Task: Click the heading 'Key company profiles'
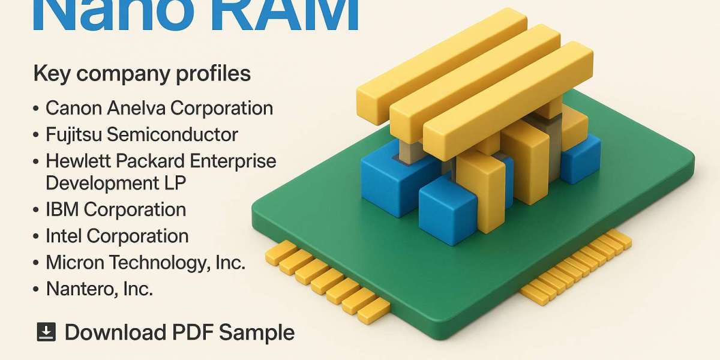[142, 74]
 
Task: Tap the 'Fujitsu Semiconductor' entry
[142, 134]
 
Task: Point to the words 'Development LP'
[116, 182]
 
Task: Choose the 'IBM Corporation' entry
[116, 209]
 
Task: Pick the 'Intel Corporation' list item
[117, 236]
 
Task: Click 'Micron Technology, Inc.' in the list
[146, 262]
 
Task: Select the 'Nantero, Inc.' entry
[99, 289]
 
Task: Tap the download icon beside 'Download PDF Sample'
[46, 332]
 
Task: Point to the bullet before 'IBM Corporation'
[36, 210]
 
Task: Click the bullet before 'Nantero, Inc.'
[36, 289]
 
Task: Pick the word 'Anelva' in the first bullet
[137, 108]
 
